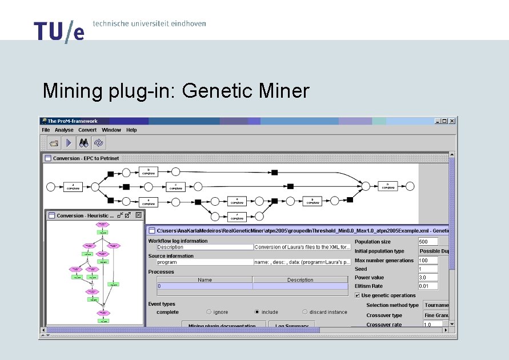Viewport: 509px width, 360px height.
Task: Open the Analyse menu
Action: point(64,130)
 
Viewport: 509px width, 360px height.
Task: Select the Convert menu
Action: point(87,130)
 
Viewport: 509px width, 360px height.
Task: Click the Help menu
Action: point(131,130)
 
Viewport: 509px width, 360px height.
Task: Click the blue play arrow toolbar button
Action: point(68,143)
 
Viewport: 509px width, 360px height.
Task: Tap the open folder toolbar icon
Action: point(54,143)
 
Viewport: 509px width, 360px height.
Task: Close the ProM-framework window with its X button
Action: point(452,121)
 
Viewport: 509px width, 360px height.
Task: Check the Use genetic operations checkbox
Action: point(358,295)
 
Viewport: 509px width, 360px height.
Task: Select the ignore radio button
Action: point(209,312)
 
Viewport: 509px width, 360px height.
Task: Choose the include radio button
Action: point(257,312)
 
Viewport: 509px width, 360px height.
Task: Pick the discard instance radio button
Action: point(305,312)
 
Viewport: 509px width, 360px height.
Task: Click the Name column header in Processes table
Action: point(205,280)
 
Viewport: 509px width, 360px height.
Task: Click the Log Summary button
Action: point(291,326)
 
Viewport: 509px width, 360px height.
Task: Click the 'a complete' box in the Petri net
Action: point(73,186)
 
